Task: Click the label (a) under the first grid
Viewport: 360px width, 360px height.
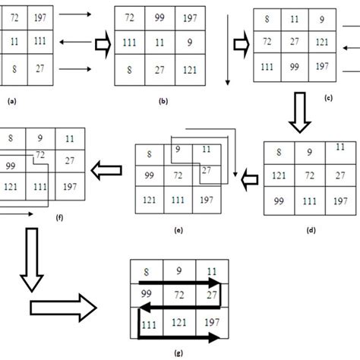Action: pyautogui.click(x=11, y=99)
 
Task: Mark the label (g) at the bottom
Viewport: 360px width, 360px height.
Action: pyautogui.click(x=177, y=352)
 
